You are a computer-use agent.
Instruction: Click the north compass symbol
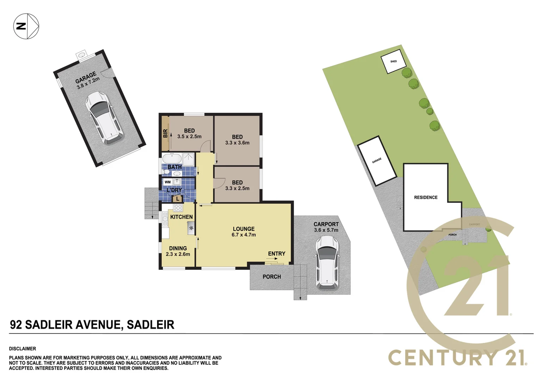pos(26,26)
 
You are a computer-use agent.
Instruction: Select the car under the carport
pos(327,262)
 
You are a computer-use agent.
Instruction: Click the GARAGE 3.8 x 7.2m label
pos(87,80)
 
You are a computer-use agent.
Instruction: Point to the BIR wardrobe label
pos(165,133)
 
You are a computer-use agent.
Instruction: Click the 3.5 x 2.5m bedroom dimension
pos(189,137)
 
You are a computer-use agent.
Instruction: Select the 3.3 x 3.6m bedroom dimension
pos(237,143)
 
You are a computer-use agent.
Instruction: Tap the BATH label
pos(174,167)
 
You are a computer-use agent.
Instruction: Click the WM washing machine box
pos(168,182)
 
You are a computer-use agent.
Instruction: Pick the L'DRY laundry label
pos(174,190)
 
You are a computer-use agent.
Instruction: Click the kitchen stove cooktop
pos(178,208)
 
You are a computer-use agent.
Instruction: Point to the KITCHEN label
pos(181,217)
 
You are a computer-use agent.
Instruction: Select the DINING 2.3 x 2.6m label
pos(178,251)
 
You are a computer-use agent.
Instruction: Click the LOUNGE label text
pos(243,229)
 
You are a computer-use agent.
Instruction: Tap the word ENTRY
pos(277,254)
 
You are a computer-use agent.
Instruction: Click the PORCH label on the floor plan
pos(272,277)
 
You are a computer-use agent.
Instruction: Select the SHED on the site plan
pos(393,62)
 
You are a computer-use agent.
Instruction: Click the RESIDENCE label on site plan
pos(426,198)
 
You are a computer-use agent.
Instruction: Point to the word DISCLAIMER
pos(23,349)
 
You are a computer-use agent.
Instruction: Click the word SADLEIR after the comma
pos(150,325)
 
